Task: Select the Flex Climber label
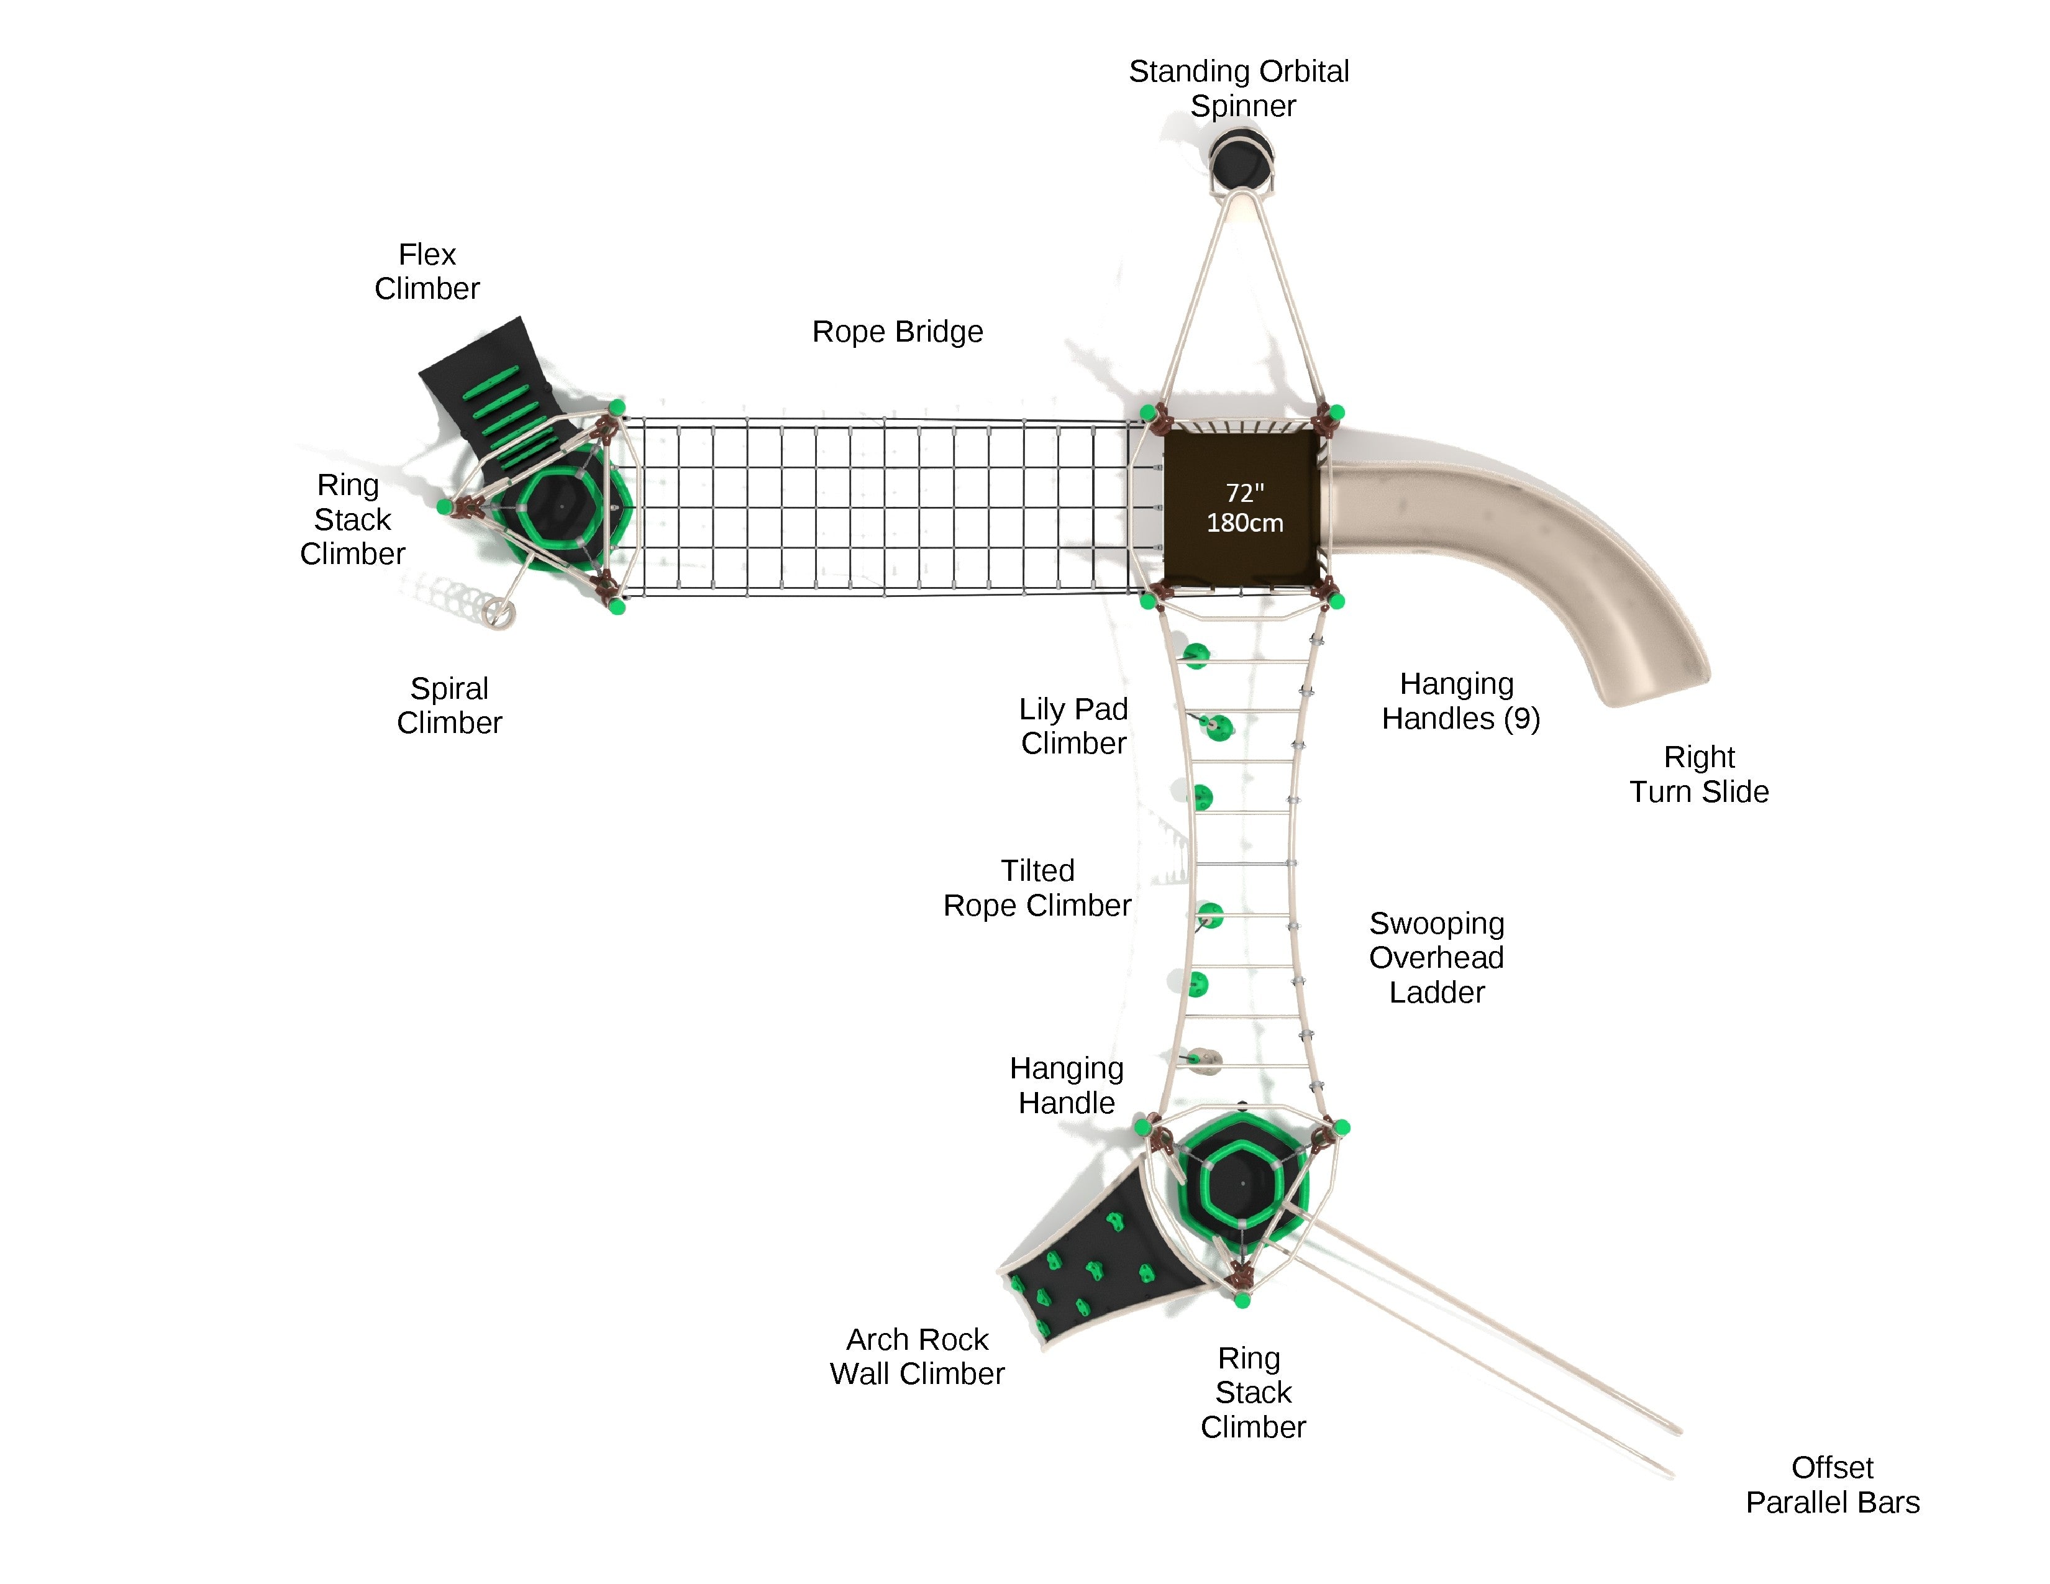[427, 271]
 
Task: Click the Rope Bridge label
[898, 331]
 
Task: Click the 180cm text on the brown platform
[1245, 522]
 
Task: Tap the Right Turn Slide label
[1699, 774]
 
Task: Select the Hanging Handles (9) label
[1460, 701]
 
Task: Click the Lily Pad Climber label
[1074, 726]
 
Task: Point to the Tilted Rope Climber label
[1037, 888]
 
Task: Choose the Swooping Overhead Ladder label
[1436, 957]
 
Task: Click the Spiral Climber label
[450, 706]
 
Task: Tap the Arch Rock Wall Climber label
[917, 1356]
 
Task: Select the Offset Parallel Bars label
[1832, 1485]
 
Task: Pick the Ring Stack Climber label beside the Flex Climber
[352, 519]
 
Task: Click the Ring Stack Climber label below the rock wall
[1252, 1393]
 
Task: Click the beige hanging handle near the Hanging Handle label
[1205, 1060]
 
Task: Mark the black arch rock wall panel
[1098, 1257]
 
